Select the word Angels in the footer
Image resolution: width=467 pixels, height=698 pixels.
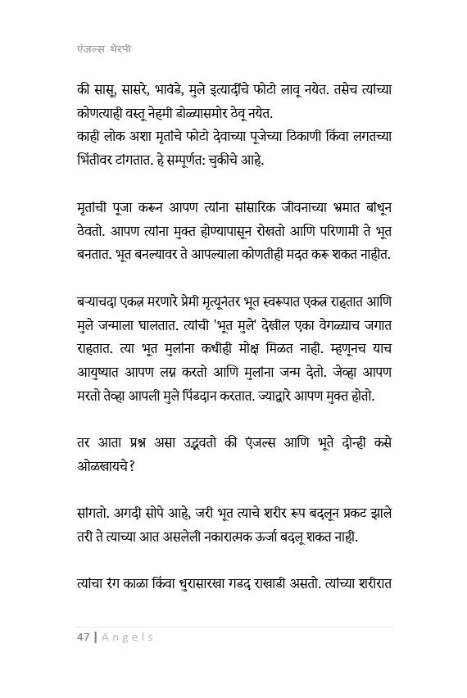click(x=129, y=637)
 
